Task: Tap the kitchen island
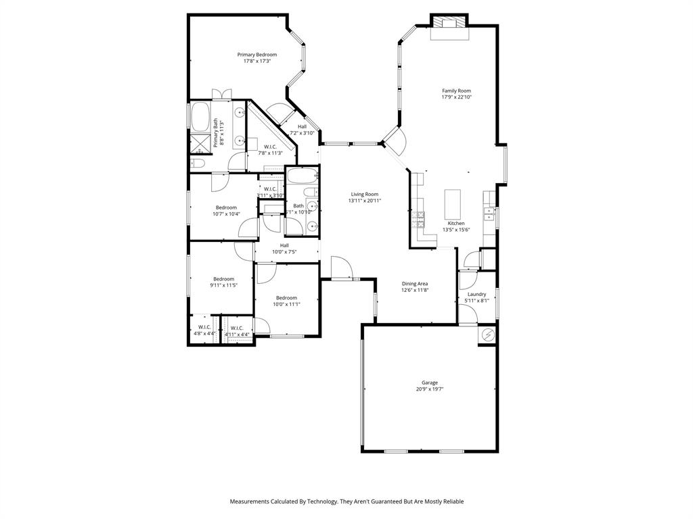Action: point(452,203)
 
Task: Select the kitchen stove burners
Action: point(419,218)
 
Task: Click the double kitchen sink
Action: point(489,214)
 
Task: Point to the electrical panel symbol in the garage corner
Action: point(487,335)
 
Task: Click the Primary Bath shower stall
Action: point(199,143)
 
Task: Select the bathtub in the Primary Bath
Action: point(200,118)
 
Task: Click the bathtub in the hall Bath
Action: point(299,177)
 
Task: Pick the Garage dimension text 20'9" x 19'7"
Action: point(430,389)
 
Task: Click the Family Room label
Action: point(456,91)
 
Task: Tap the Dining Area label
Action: point(415,284)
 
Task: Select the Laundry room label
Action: point(476,294)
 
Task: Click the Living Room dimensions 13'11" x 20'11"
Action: point(364,201)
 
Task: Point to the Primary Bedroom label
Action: point(256,55)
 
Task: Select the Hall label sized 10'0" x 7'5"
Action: point(284,245)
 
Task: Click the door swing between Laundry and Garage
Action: point(467,314)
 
